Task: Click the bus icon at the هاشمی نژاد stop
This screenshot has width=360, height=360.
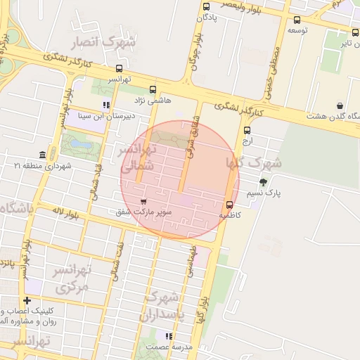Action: point(153,89)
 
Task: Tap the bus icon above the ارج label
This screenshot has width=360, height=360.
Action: point(247,129)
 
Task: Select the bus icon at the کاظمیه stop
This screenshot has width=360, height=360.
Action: point(230,205)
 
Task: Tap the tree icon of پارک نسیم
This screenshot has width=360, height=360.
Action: point(263,182)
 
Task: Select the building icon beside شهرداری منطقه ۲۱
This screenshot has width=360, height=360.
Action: point(43,155)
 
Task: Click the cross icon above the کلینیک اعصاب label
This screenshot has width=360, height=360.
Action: point(27,301)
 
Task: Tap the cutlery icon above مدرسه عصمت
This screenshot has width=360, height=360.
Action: point(168,336)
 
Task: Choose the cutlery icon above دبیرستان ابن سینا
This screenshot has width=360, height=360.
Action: point(106,105)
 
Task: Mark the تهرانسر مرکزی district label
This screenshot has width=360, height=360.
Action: point(72,279)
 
